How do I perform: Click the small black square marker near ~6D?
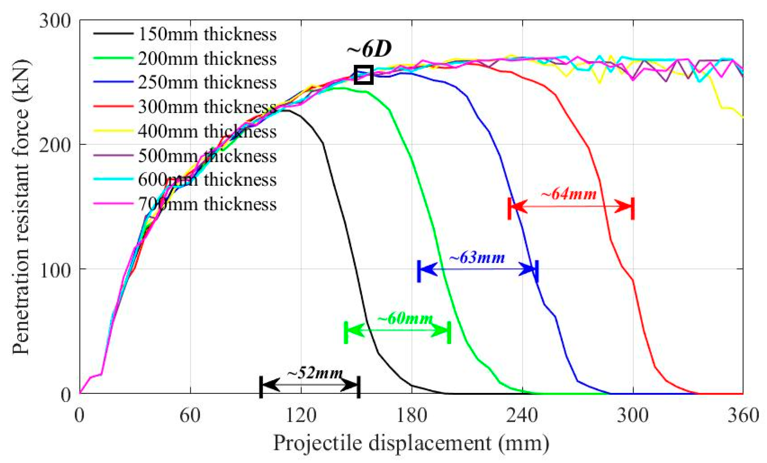[363, 75]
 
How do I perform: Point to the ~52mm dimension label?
[315, 373]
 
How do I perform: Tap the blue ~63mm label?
[477, 258]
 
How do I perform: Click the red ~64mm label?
[569, 194]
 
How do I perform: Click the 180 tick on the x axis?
[412, 415]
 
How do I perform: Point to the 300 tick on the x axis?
[633, 415]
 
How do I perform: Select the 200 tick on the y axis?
[55, 145]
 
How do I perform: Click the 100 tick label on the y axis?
[55, 269]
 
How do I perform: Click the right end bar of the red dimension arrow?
[633, 208]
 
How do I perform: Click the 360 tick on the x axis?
[743, 415]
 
